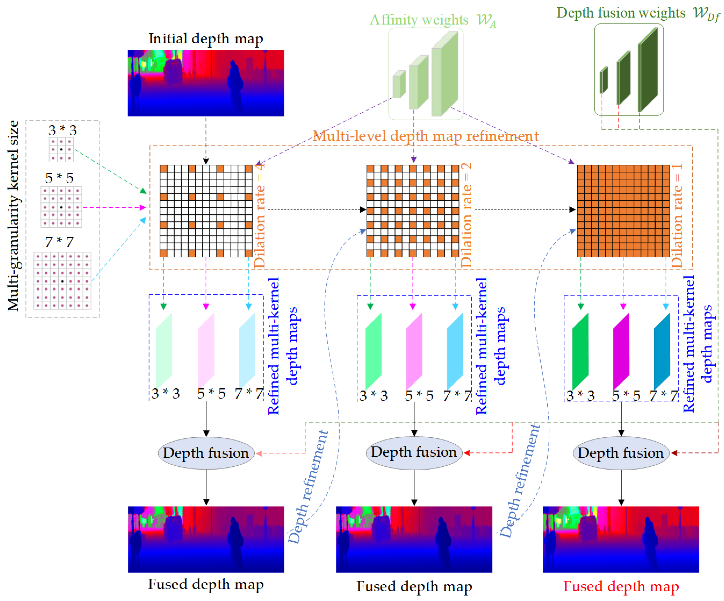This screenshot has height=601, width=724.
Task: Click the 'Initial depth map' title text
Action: coord(206,39)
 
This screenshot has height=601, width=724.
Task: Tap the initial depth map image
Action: coord(206,83)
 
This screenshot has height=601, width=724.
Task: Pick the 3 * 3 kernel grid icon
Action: coord(61,149)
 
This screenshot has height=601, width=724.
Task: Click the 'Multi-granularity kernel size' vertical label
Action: coord(13,215)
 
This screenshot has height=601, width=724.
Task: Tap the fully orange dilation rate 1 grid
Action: coord(623,211)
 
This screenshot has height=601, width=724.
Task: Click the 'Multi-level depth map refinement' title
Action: coord(426,136)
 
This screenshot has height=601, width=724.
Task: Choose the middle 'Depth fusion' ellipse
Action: coord(414,452)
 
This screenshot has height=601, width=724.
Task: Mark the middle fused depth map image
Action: coord(414,539)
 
